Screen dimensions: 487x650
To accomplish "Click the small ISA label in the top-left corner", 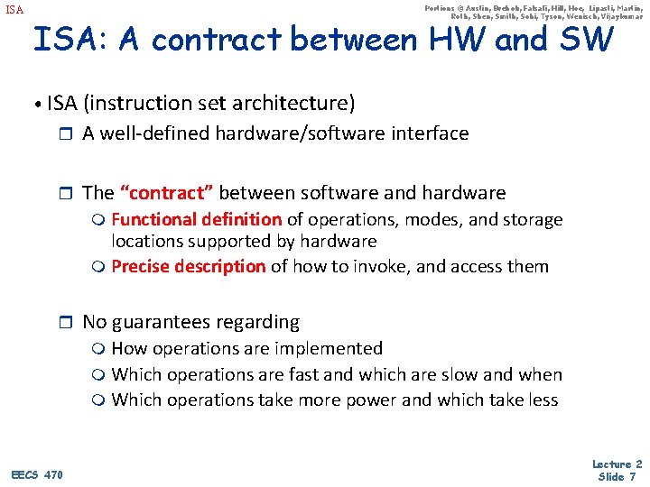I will [14, 11].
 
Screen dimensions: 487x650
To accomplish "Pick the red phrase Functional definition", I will [196, 219].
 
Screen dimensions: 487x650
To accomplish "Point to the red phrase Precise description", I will [188, 266].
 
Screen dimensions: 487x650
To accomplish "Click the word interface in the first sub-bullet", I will [430, 133].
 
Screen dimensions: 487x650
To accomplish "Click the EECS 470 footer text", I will [37, 474].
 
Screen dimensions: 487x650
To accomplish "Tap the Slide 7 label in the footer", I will [617, 477].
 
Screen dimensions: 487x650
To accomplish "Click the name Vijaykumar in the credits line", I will [617, 16].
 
